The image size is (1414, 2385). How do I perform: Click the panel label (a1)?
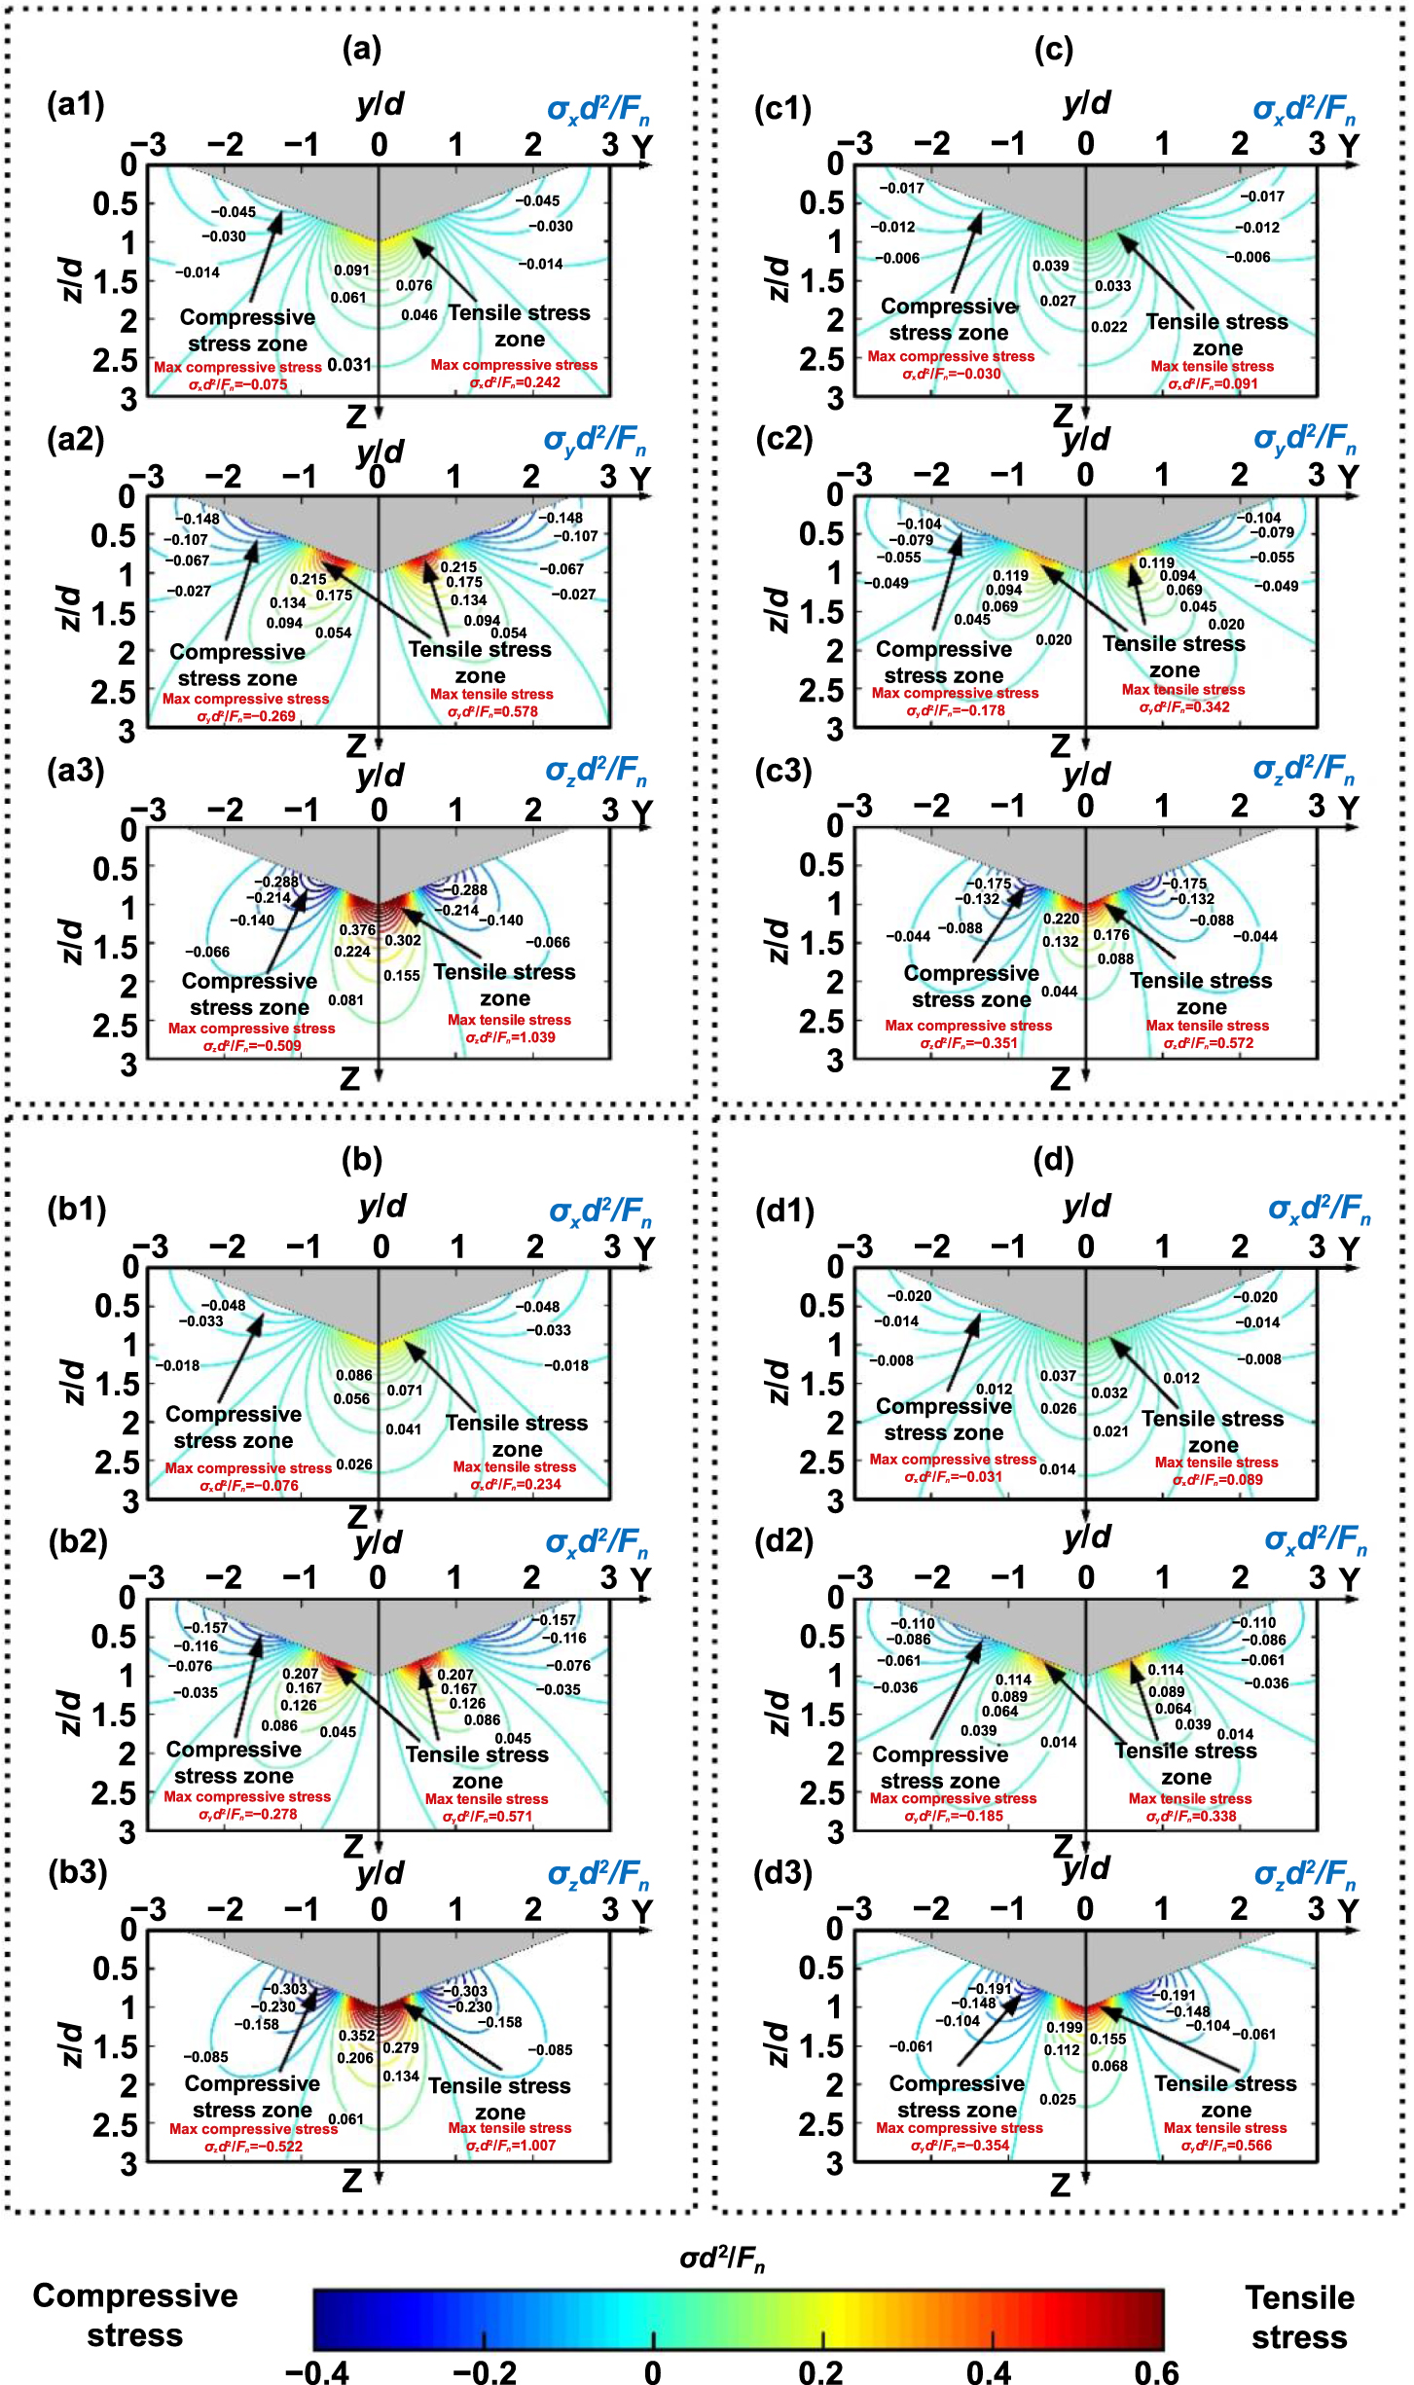[x=75, y=104]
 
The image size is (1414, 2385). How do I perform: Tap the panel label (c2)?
[x=783, y=439]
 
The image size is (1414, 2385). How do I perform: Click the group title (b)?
[x=362, y=1159]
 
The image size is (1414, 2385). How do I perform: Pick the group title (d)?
[x=1054, y=1159]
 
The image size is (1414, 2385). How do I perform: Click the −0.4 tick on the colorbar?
[x=317, y=2372]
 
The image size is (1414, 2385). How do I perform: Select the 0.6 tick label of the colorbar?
[x=1156, y=2372]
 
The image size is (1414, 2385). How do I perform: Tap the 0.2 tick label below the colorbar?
[x=821, y=2372]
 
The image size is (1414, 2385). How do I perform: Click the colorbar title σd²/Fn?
[x=722, y=2259]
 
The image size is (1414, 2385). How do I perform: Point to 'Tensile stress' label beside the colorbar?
[x=1299, y=2316]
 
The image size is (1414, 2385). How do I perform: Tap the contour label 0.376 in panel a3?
[x=357, y=930]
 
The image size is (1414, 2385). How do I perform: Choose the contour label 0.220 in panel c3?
[x=1061, y=919]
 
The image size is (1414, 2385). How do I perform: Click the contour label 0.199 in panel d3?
[x=1064, y=2027]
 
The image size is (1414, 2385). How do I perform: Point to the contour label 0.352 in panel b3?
[x=356, y=2036]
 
